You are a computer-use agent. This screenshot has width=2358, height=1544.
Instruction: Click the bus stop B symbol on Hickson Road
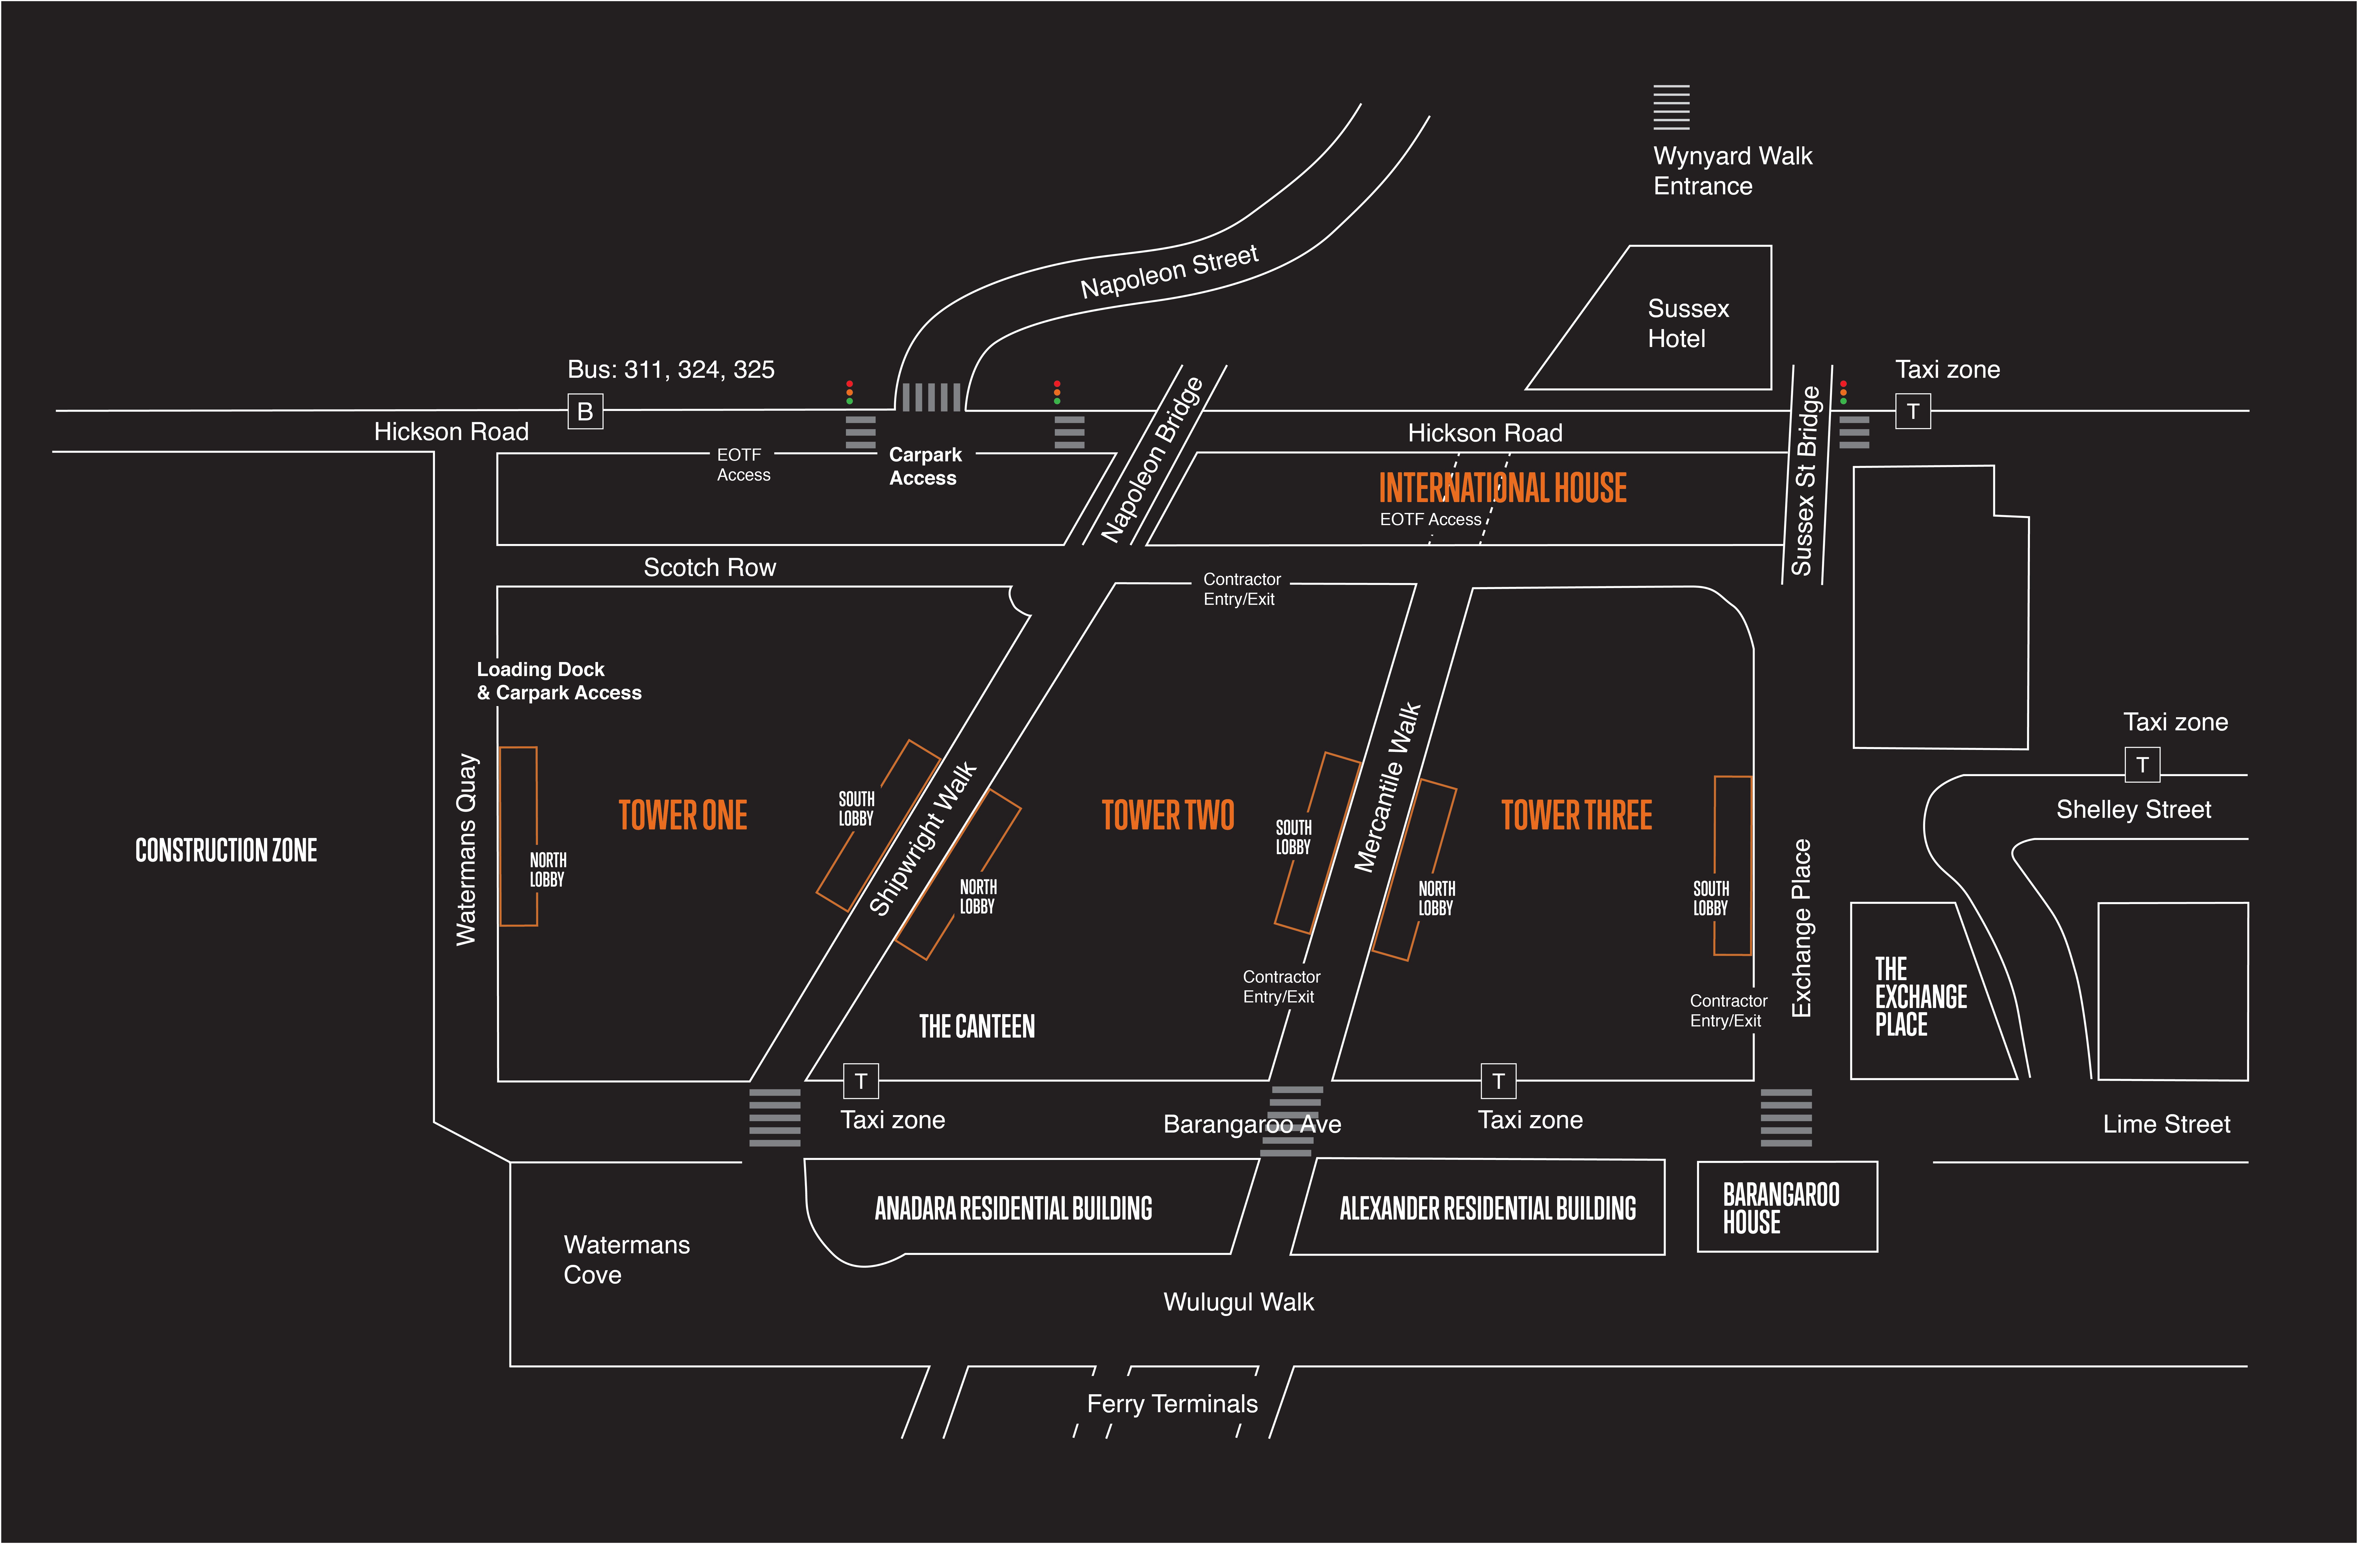pos(584,411)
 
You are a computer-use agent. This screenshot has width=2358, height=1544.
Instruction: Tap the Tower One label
pos(683,816)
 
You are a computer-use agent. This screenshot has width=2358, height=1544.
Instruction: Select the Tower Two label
pos(1168,816)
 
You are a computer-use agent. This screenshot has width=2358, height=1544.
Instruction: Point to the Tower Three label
pos(1576,816)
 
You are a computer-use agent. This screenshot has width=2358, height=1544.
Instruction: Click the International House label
pos(1502,488)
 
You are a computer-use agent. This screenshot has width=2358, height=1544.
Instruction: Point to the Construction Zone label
pos(226,850)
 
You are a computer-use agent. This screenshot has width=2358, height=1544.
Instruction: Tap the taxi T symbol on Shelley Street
pos(2142,765)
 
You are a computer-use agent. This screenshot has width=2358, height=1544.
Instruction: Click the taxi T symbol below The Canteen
pos(860,1081)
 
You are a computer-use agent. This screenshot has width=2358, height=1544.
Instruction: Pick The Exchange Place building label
pos(1920,996)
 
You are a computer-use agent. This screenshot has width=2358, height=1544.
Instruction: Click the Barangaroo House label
pos(1780,1208)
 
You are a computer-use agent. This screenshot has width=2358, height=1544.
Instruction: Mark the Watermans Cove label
pos(626,1260)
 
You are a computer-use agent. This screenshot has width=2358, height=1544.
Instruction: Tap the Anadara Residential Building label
pos(1013,1208)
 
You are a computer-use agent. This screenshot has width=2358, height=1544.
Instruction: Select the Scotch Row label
pos(709,568)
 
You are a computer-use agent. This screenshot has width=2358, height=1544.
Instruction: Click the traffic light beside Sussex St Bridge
pos(1843,393)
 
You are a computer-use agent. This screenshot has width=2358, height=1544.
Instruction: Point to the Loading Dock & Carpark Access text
pos(559,681)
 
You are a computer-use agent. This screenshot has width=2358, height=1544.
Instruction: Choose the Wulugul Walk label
pos(1238,1302)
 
